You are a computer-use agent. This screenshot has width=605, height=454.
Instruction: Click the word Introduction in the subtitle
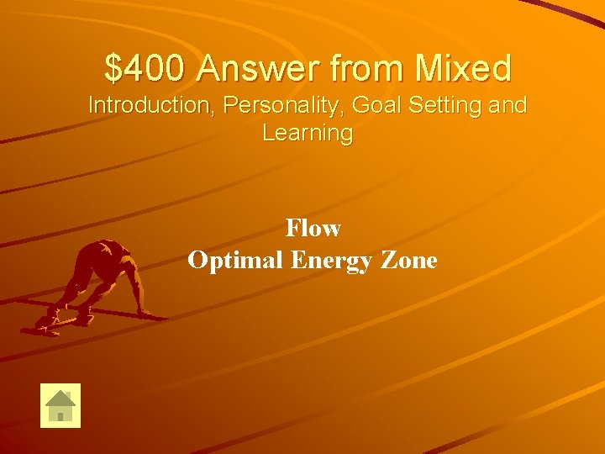[150, 106]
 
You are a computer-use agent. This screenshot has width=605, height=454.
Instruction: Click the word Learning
[308, 133]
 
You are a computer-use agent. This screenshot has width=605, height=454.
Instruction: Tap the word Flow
[313, 228]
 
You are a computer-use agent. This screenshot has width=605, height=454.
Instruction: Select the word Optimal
[235, 260]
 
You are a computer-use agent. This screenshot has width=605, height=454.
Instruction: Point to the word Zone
[409, 260]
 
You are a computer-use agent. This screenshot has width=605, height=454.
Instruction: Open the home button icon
[60, 405]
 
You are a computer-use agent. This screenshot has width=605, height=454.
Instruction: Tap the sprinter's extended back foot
[44, 323]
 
